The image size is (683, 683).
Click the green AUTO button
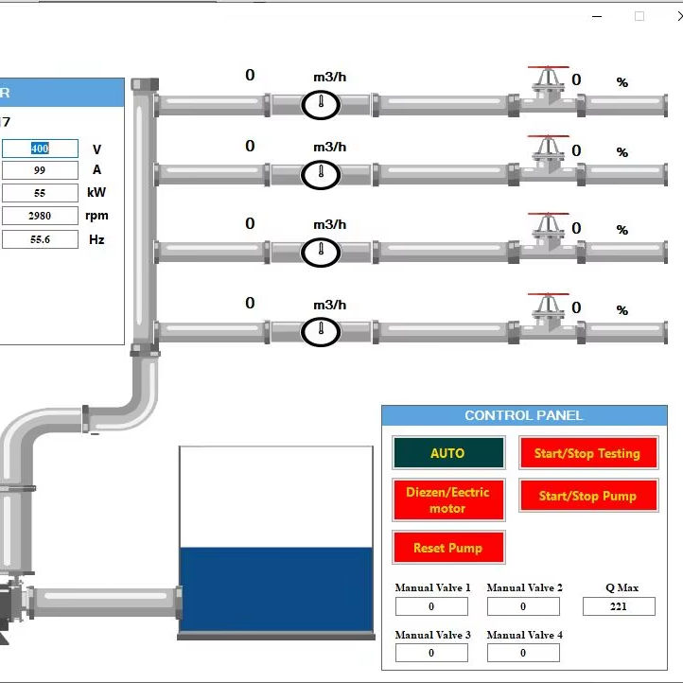point(448,453)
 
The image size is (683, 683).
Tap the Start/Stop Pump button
point(587,496)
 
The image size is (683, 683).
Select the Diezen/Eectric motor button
point(448,500)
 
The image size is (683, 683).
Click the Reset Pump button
point(448,548)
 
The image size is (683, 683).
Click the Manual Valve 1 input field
point(431,606)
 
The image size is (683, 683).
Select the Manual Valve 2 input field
point(523,606)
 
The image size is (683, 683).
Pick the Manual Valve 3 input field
point(431,653)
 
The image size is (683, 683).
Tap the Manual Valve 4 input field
point(523,653)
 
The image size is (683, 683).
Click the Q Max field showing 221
point(619,606)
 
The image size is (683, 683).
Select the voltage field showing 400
point(40,149)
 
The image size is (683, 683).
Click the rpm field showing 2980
point(40,216)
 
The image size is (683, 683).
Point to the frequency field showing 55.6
point(40,239)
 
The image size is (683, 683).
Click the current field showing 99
point(40,170)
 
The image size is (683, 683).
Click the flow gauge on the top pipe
point(321,104)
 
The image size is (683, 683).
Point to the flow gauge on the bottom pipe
point(321,332)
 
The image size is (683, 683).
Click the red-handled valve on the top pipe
point(548,86)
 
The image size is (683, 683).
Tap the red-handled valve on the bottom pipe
point(548,313)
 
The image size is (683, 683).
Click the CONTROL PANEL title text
point(524,415)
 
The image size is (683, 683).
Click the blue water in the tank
point(275,588)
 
